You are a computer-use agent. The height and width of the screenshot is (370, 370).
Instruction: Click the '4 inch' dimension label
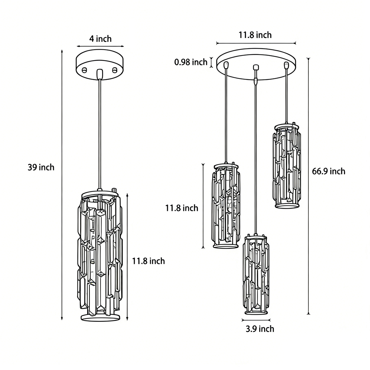point(100,39)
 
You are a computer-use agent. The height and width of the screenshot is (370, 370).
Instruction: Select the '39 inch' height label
point(41,167)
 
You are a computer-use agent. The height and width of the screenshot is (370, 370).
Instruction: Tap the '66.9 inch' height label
point(329,171)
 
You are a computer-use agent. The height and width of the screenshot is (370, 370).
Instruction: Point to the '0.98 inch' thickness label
point(191,62)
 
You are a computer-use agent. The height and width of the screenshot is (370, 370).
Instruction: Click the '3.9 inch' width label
point(260,329)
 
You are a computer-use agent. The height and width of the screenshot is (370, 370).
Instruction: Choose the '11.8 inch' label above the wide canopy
point(255,35)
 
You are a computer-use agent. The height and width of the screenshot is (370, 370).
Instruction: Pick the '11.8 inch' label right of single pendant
point(148,261)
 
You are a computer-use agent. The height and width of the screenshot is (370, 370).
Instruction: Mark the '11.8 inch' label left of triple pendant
point(182,208)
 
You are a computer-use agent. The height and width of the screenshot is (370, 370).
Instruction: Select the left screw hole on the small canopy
point(84,70)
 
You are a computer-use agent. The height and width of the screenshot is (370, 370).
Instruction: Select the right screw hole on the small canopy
point(115,70)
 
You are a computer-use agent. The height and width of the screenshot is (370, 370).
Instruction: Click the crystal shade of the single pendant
point(100,255)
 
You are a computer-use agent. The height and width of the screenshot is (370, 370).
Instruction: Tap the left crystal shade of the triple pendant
point(226,206)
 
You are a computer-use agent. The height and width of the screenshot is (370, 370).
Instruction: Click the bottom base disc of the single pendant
point(100,317)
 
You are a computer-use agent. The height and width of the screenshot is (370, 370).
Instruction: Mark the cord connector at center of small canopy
point(100,73)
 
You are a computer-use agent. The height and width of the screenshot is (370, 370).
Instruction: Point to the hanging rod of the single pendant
point(100,134)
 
